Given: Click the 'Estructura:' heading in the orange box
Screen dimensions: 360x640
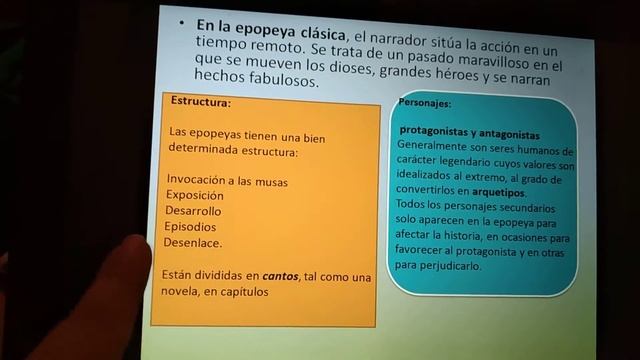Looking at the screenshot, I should pyautogui.click(x=200, y=102).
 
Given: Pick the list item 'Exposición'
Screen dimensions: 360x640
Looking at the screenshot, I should pyautogui.click(x=195, y=195).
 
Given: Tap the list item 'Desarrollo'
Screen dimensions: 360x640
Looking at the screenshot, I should pyautogui.click(x=194, y=211).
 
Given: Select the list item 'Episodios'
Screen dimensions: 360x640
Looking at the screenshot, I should pyautogui.click(x=192, y=227).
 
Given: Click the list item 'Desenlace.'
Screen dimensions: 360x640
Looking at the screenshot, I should pyautogui.click(x=195, y=243).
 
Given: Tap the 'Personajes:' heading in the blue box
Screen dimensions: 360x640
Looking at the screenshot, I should pyautogui.click(x=424, y=103).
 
